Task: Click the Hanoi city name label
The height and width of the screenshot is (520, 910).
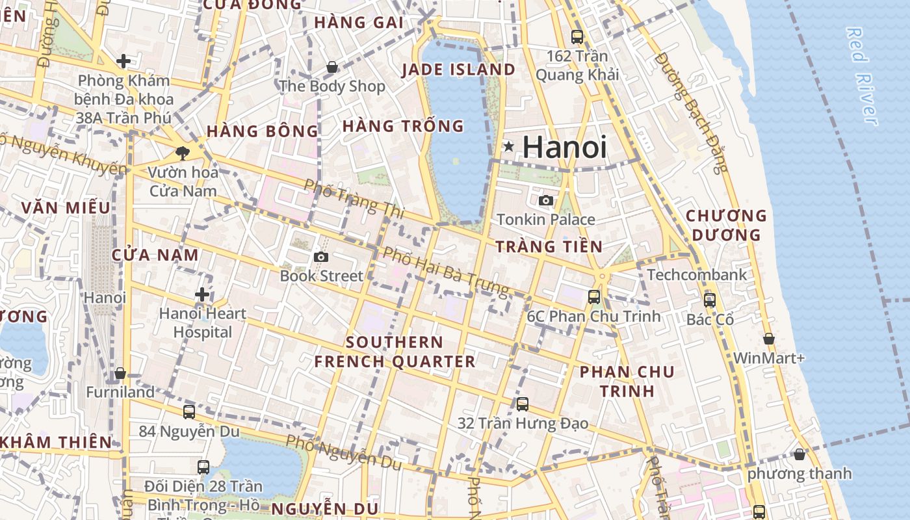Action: pyautogui.click(x=564, y=147)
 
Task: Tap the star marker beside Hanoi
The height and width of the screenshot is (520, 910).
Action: pyautogui.click(x=508, y=148)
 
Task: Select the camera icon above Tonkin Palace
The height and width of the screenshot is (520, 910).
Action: pyautogui.click(x=546, y=200)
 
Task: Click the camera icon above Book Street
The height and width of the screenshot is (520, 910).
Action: pyautogui.click(x=321, y=257)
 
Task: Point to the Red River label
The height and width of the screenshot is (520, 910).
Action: pyautogui.click(x=863, y=75)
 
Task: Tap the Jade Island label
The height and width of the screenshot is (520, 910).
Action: pyautogui.click(x=459, y=70)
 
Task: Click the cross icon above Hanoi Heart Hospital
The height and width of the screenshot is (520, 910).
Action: pyautogui.click(x=202, y=294)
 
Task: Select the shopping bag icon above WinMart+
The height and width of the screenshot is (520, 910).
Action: pyautogui.click(x=768, y=339)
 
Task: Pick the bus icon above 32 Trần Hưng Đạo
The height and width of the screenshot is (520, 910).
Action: pyautogui.click(x=523, y=404)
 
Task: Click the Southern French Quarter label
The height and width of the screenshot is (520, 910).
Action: pyautogui.click(x=395, y=352)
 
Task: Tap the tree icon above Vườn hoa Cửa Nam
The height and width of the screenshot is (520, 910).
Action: pyautogui.click(x=182, y=153)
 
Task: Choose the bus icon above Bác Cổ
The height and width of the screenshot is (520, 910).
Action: pyautogui.click(x=710, y=300)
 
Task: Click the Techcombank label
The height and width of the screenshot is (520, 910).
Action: pyautogui.click(x=697, y=275)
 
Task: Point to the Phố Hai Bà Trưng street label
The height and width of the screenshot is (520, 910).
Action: pyautogui.click(x=445, y=271)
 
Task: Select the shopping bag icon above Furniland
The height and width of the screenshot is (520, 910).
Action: pyautogui.click(x=120, y=374)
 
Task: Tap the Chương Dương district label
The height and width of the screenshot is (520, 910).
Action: pyautogui.click(x=726, y=225)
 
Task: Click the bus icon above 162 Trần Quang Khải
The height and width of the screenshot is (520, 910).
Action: pyautogui.click(x=577, y=37)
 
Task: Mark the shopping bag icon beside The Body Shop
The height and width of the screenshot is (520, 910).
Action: pyautogui.click(x=332, y=67)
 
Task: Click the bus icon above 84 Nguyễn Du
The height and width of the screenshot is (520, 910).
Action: pyautogui.click(x=189, y=411)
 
